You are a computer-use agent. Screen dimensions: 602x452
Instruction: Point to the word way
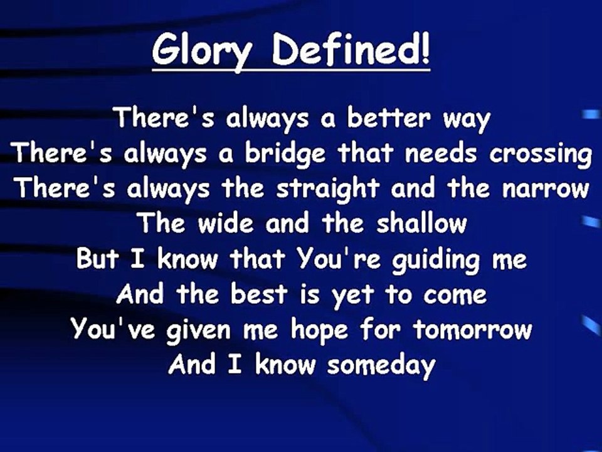click(467, 121)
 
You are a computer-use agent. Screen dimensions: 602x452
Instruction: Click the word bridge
click(285, 154)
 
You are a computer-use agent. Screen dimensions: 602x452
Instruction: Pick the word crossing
click(540, 154)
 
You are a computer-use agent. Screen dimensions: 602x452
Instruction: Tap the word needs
click(440, 152)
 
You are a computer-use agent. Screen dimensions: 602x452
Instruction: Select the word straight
click(328, 189)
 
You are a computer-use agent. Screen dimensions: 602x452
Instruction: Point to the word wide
click(225, 223)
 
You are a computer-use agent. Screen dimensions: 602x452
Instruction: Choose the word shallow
click(421, 223)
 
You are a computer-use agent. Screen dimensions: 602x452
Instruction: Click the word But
click(98, 258)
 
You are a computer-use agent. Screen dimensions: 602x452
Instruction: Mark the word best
click(259, 294)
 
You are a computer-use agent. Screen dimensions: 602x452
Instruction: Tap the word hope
click(319, 331)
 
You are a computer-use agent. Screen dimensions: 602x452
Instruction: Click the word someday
click(381, 366)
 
